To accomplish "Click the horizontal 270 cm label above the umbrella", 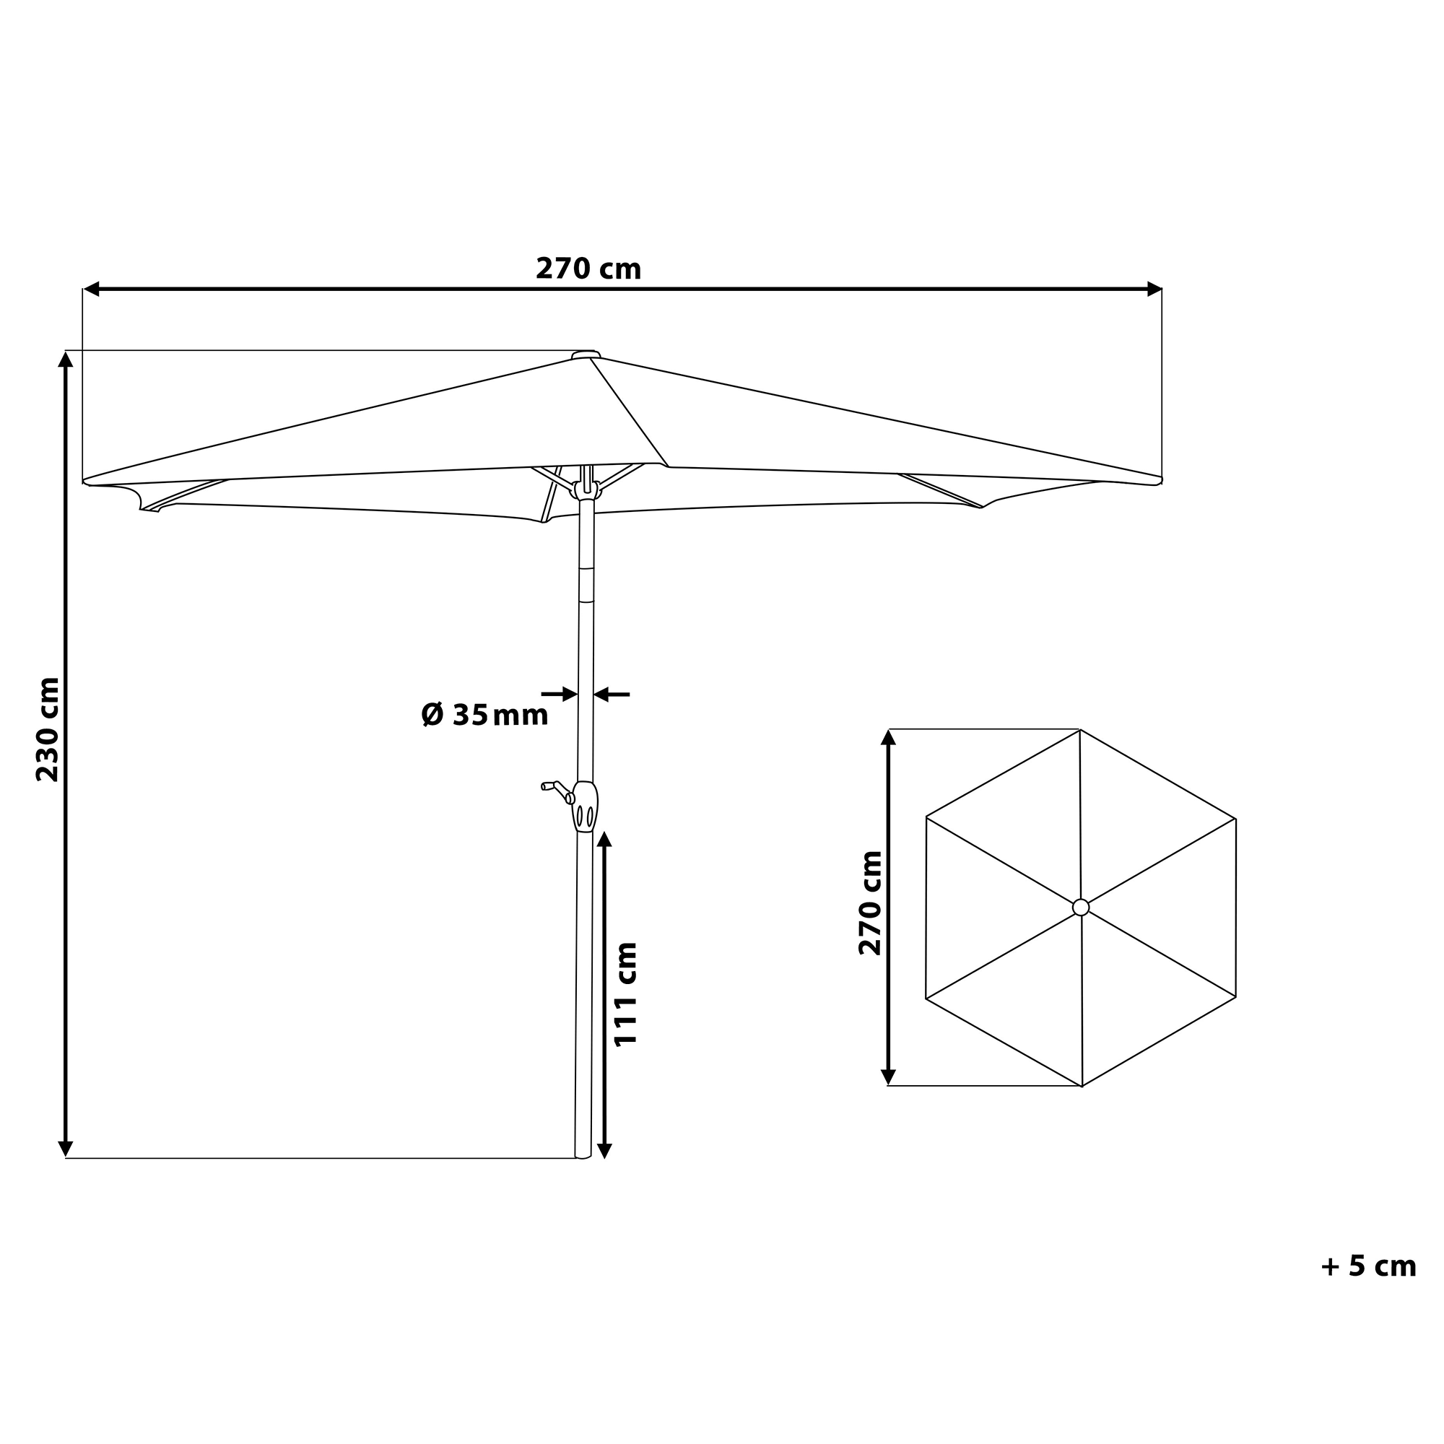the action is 588,269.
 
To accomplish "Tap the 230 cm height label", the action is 48,729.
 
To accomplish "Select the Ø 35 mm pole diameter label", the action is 484,715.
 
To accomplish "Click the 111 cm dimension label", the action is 625,994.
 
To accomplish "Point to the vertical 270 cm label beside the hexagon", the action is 870,903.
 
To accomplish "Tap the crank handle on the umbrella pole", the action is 557,791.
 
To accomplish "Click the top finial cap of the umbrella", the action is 586,355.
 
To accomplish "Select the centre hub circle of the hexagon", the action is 1081,908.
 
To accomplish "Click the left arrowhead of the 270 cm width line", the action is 91,289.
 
